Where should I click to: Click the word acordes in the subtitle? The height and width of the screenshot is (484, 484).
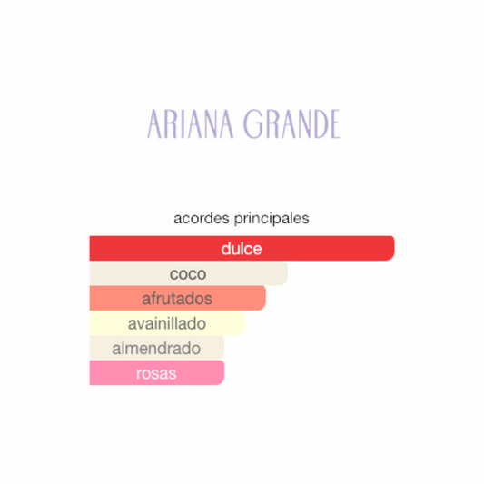(199, 219)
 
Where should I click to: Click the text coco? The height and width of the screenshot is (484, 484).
(188, 273)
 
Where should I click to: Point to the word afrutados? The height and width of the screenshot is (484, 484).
(177, 298)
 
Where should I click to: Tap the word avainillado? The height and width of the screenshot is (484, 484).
(167, 323)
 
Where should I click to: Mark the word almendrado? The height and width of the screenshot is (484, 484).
(156, 348)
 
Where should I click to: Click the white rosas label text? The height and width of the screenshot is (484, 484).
(156, 372)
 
